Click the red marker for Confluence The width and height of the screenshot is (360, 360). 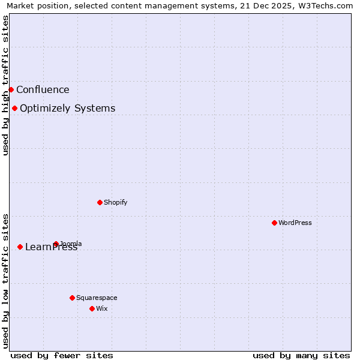11,89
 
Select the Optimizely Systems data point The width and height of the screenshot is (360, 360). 14,108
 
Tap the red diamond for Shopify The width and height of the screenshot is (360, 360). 100,202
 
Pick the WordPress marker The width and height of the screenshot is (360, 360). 274,223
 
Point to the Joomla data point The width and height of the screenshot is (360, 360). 56,244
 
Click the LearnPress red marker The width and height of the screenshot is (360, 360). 20,247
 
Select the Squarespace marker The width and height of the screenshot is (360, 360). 72,298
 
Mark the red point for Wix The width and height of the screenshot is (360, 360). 92,308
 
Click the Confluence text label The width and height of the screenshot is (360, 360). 43,90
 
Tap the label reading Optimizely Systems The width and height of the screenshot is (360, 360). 67,109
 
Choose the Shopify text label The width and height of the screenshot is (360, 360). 115,203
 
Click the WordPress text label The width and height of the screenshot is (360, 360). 295,223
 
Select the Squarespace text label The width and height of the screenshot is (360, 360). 97,298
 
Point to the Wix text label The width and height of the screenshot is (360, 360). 101,309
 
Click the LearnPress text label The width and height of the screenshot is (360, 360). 51,247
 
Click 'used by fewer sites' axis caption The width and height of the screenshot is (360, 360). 62,355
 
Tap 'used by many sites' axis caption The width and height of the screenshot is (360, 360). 301,355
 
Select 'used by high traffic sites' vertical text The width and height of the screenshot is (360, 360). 5,85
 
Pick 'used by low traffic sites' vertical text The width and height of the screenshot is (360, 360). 5,281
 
